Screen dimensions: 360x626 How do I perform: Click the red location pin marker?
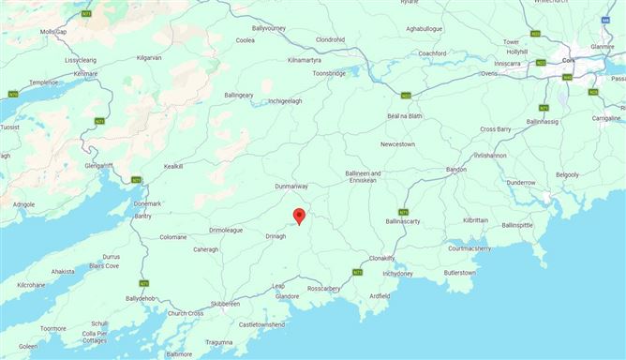299,216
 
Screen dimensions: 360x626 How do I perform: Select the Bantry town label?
142,217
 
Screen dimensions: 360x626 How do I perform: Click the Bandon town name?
456,169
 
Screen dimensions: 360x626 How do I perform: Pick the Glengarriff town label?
97,165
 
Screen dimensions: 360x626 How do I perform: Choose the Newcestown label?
397,144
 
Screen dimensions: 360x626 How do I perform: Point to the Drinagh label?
276,236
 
